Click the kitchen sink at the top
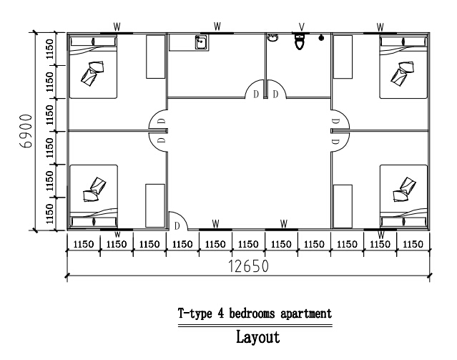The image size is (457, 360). [x=201, y=42]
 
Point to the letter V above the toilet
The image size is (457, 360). [x=301, y=27]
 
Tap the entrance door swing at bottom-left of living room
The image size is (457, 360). [x=176, y=222]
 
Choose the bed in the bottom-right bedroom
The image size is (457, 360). [x=403, y=193]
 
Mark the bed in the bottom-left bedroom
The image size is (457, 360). [x=93, y=193]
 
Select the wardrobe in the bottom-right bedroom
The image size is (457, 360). [x=343, y=205]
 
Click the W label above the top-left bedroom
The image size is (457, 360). [x=116, y=26]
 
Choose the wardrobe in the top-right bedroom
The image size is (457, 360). [x=343, y=56]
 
